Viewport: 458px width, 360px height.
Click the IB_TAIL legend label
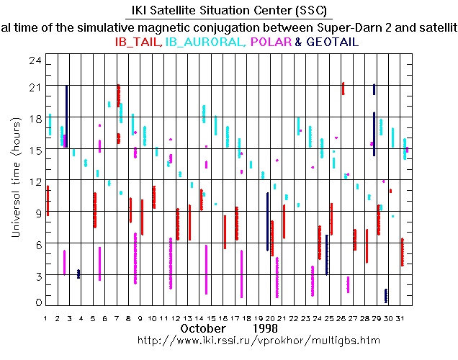coord(138,42)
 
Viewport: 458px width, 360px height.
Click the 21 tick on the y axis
coord(32,86)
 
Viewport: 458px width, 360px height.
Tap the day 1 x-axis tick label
coord(45,318)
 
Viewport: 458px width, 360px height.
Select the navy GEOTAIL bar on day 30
coord(386,296)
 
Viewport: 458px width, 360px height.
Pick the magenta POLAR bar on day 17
coord(241,274)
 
